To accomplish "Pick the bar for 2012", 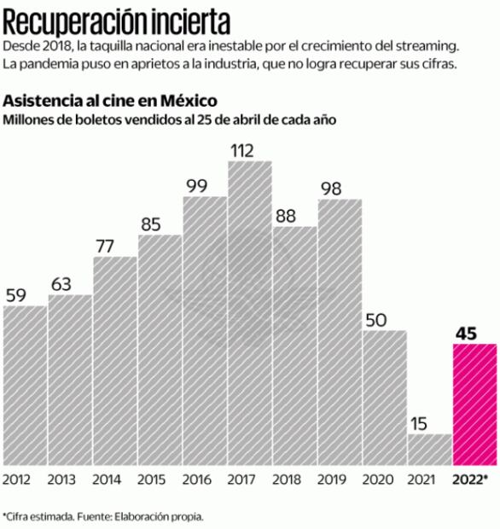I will pos(25,384).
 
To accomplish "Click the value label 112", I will pos(243,150).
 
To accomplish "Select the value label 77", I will pos(106,246).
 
